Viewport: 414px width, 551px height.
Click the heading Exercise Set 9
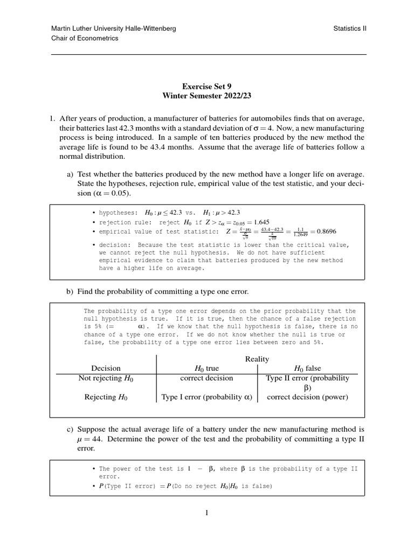tap(207, 86)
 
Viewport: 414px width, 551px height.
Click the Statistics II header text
tap(350, 29)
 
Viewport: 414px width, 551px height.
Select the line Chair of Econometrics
tap(85, 39)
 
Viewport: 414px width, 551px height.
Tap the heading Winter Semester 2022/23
tap(207, 95)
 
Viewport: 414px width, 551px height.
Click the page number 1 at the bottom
tap(206, 513)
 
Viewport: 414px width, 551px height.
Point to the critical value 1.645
tap(259, 222)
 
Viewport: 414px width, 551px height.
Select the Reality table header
tap(257, 359)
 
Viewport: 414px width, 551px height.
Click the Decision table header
tap(106, 368)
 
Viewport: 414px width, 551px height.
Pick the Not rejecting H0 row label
tap(106, 378)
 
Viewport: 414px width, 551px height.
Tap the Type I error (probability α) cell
tap(207, 398)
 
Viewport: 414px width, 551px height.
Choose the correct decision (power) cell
tap(307, 398)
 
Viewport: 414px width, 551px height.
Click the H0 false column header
tap(307, 368)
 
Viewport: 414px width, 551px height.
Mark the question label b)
tap(70, 292)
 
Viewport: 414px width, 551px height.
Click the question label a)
tap(70, 174)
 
